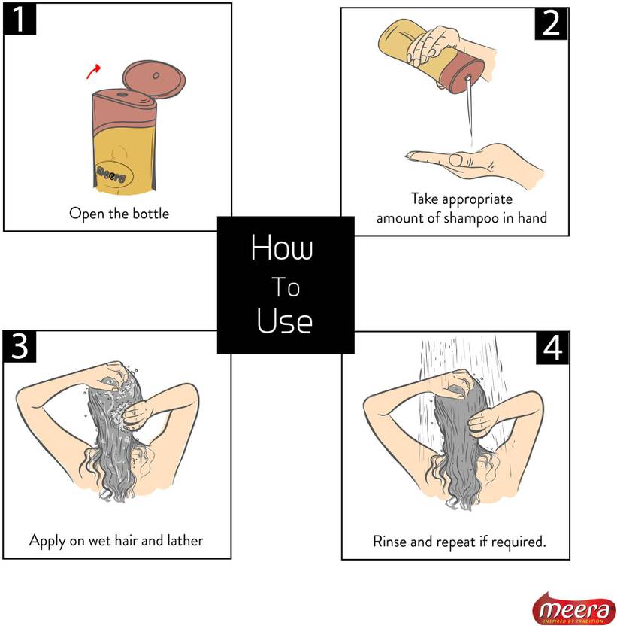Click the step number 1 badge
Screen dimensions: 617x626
20,19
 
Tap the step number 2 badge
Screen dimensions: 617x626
551,23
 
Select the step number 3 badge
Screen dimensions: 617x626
20,346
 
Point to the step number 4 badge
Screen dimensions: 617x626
552,348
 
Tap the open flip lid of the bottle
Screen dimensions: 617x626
153,79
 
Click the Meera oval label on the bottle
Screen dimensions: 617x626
114,175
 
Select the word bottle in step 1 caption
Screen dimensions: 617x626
151,214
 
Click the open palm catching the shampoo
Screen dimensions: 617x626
475,163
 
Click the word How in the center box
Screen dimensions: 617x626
282,247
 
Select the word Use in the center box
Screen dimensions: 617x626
284,321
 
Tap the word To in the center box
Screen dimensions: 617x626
286,287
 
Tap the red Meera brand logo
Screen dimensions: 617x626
574,609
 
